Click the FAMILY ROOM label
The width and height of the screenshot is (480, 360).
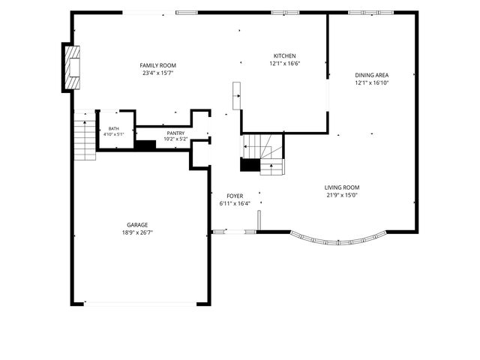pyautogui.click(x=158, y=65)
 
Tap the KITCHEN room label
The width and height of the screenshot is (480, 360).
pyautogui.click(x=285, y=56)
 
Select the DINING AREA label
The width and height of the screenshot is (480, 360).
pyautogui.click(x=372, y=75)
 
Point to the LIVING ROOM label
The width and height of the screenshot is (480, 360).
pyautogui.click(x=342, y=187)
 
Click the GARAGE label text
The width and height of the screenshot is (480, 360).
pyautogui.click(x=137, y=225)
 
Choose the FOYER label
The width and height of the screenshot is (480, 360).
pyautogui.click(x=235, y=196)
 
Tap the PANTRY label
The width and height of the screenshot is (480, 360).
pyautogui.click(x=175, y=133)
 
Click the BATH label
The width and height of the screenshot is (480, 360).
pyautogui.click(x=114, y=129)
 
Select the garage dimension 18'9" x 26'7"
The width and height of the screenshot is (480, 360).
pyautogui.click(x=137, y=232)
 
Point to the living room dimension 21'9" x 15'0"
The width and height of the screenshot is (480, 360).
pyautogui.click(x=342, y=195)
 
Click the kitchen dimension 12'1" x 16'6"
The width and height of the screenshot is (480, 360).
pyautogui.click(x=285, y=64)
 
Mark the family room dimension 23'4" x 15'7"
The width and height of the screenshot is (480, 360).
pyautogui.click(x=158, y=73)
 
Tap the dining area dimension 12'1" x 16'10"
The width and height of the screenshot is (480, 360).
pyautogui.click(x=372, y=82)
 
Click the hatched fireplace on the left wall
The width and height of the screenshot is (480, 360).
pyautogui.click(x=73, y=67)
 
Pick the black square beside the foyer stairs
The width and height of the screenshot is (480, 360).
pyautogui.click(x=250, y=165)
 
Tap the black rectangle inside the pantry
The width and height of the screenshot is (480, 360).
pyautogui.click(x=145, y=145)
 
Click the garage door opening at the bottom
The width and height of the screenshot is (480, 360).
pyautogui.click(x=140, y=304)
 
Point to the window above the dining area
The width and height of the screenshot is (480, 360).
pyautogui.click(x=371, y=13)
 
